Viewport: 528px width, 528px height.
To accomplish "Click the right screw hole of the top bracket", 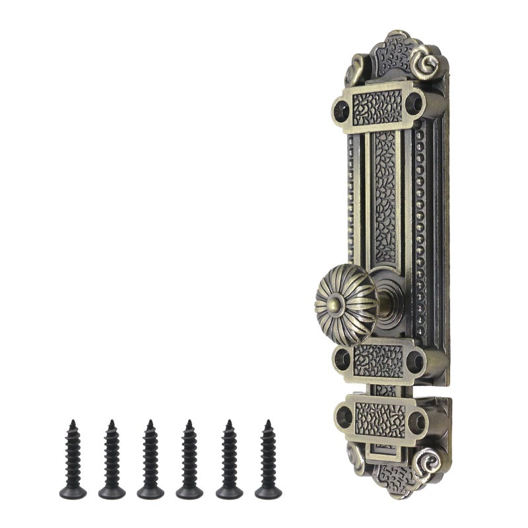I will point(413,102).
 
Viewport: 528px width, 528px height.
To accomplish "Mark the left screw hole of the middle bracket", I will point(343,359).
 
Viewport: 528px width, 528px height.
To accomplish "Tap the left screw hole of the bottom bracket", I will point(344,416).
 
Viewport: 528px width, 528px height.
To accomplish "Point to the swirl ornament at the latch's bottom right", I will point(426,460).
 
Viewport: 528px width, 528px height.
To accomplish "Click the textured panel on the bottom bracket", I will point(381,418).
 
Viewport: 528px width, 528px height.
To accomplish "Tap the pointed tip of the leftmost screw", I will point(73,422).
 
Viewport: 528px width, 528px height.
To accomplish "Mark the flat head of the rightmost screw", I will point(268,492).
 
